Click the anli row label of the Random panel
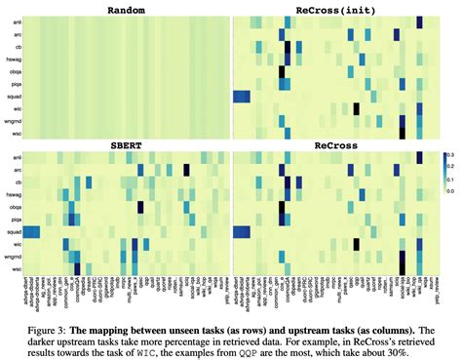[x=17, y=21]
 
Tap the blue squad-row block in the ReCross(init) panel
[x=241, y=96]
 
